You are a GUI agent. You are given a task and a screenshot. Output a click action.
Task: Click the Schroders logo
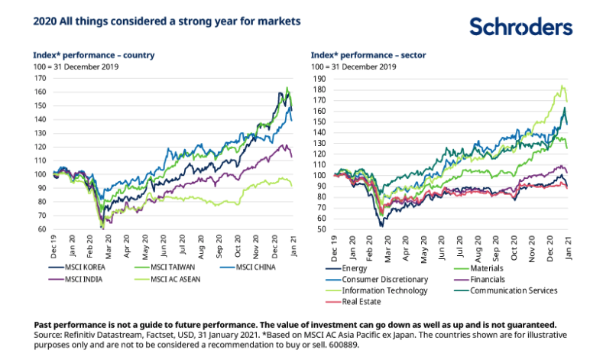pos(520,28)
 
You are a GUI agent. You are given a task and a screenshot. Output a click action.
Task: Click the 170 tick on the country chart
pos(39,79)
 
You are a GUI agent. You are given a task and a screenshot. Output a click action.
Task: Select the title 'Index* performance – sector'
pos(368,55)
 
